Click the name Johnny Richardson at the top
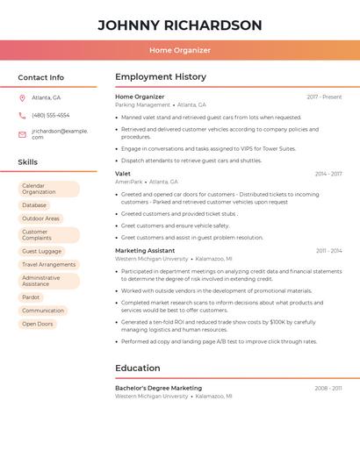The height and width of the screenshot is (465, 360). [180, 25]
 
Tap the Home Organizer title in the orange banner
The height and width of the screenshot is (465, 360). [180, 50]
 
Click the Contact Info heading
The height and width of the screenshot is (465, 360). [41, 77]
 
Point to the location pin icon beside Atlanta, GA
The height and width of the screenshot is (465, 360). [22, 97]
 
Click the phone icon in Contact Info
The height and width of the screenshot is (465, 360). [22, 115]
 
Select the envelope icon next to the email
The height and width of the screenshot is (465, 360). [22, 134]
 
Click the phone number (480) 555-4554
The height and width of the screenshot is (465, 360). [50, 115]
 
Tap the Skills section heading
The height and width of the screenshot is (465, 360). [28, 162]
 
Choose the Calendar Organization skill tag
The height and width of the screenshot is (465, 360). [48, 189]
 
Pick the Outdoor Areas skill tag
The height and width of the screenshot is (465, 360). [40, 218]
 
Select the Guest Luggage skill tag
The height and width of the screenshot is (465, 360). [41, 251]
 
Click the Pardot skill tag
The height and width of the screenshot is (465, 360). [31, 297]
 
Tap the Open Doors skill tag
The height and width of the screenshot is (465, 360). [38, 324]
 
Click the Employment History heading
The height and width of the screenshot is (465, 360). [161, 77]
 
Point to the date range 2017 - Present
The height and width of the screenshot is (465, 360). [324, 97]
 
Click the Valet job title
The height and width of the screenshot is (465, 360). [123, 174]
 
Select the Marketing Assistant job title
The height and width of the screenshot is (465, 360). [145, 251]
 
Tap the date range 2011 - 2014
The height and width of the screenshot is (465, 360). [328, 251]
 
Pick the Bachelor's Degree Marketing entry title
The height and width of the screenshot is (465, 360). [158, 388]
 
